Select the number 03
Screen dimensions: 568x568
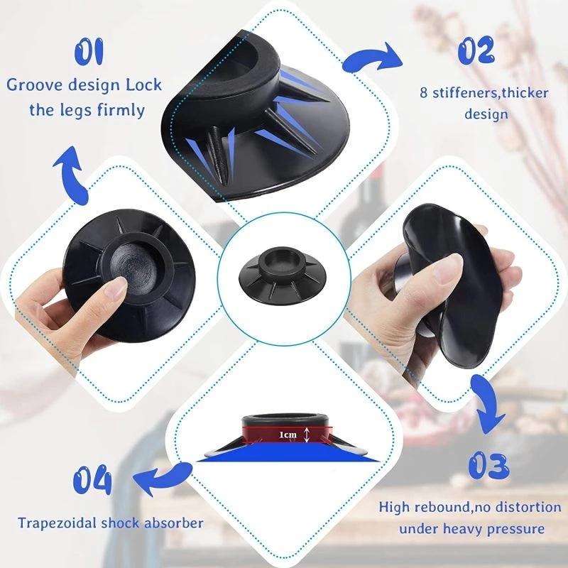coord(488,466)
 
